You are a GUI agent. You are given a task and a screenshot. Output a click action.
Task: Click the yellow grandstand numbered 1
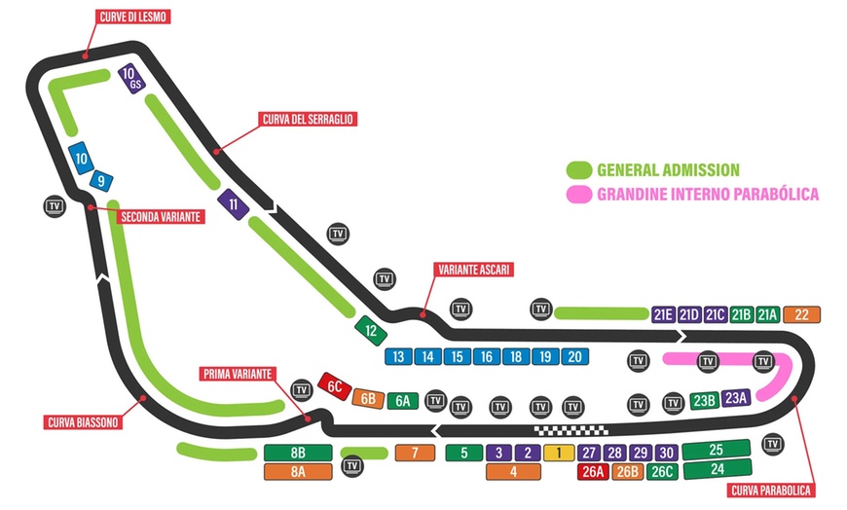click(x=559, y=452)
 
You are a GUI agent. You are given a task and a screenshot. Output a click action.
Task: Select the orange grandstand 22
click(x=801, y=313)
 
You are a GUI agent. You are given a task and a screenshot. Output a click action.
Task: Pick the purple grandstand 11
click(x=232, y=203)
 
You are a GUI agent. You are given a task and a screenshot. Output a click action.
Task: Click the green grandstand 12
click(x=370, y=329)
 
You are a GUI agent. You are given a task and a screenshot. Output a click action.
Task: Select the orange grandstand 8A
click(x=298, y=471)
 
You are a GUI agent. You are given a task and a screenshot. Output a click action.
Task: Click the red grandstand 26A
click(x=592, y=472)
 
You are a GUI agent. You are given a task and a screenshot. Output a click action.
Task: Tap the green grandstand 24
click(x=716, y=470)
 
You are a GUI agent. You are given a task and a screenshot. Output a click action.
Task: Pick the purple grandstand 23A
click(x=736, y=396)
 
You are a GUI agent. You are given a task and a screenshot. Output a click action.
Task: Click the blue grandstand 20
click(x=575, y=356)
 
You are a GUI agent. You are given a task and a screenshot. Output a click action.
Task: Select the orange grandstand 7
click(x=415, y=452)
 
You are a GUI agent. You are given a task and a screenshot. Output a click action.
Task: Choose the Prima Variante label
click(x=239, y=374)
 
